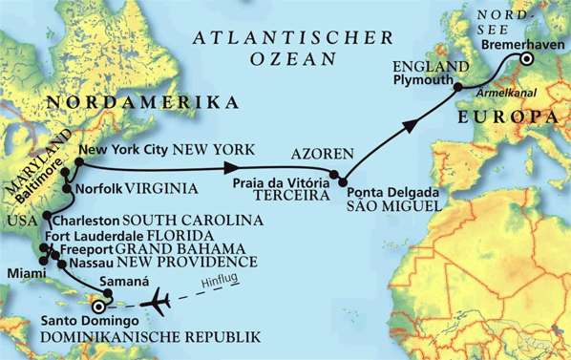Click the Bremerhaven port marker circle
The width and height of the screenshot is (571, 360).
524,60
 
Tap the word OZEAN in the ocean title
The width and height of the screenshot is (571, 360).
303,57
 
